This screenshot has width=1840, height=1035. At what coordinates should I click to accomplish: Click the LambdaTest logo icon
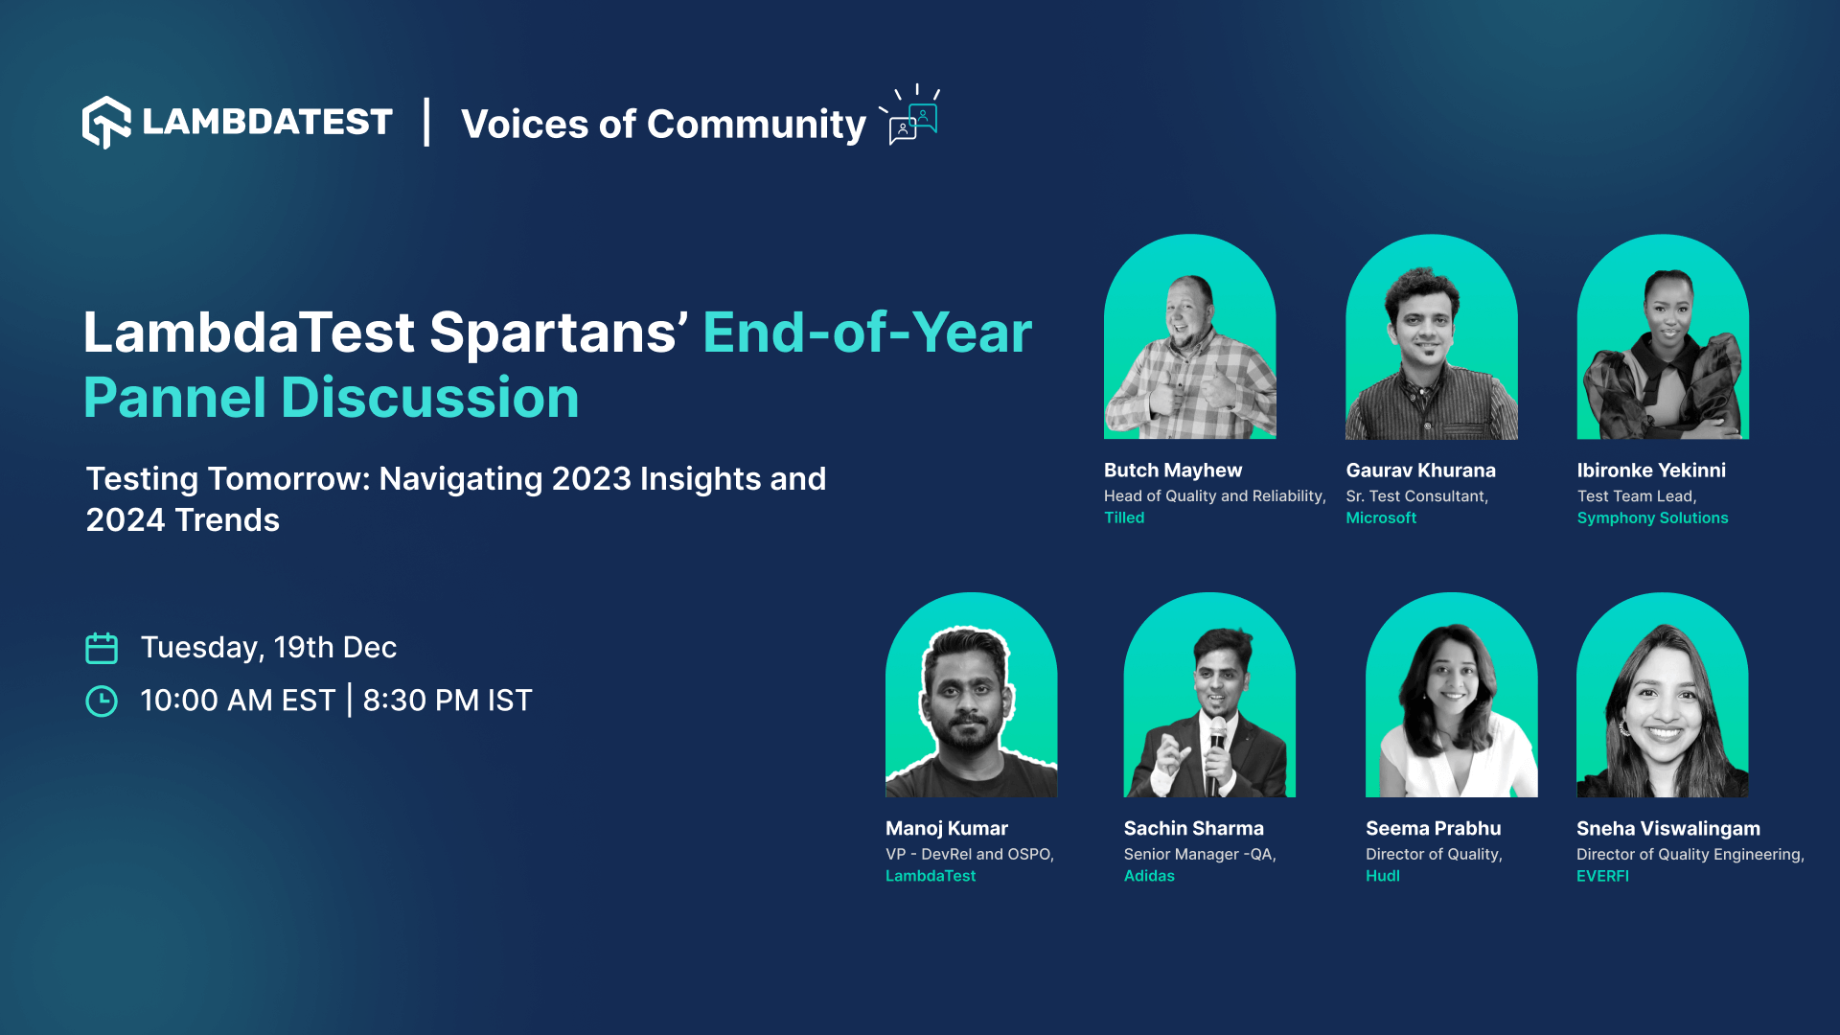coord(106,123)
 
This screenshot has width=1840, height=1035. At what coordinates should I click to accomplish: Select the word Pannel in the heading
coord(173,398)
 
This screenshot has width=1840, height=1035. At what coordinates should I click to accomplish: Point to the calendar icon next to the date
coord(102,649)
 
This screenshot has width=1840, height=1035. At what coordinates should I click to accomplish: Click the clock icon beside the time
coord(102,701)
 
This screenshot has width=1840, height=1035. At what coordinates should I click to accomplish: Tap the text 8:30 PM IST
coord(447,701)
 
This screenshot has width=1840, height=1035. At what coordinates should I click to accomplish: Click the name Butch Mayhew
coord(1172,471)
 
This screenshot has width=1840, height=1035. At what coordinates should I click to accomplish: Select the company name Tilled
coord(1123,517)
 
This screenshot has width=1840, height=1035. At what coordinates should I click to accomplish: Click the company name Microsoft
coord(1380,517)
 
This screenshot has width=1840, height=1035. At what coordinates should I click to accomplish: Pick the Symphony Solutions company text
coord(1652,517)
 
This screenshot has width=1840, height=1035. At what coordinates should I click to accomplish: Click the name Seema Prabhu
coord(1433,829)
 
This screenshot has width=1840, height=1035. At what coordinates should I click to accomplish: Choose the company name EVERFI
coord(1601,876)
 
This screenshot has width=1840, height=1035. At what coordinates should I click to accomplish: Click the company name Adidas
coord(1148,876)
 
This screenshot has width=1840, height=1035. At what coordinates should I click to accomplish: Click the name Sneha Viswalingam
coord(1667,829)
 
